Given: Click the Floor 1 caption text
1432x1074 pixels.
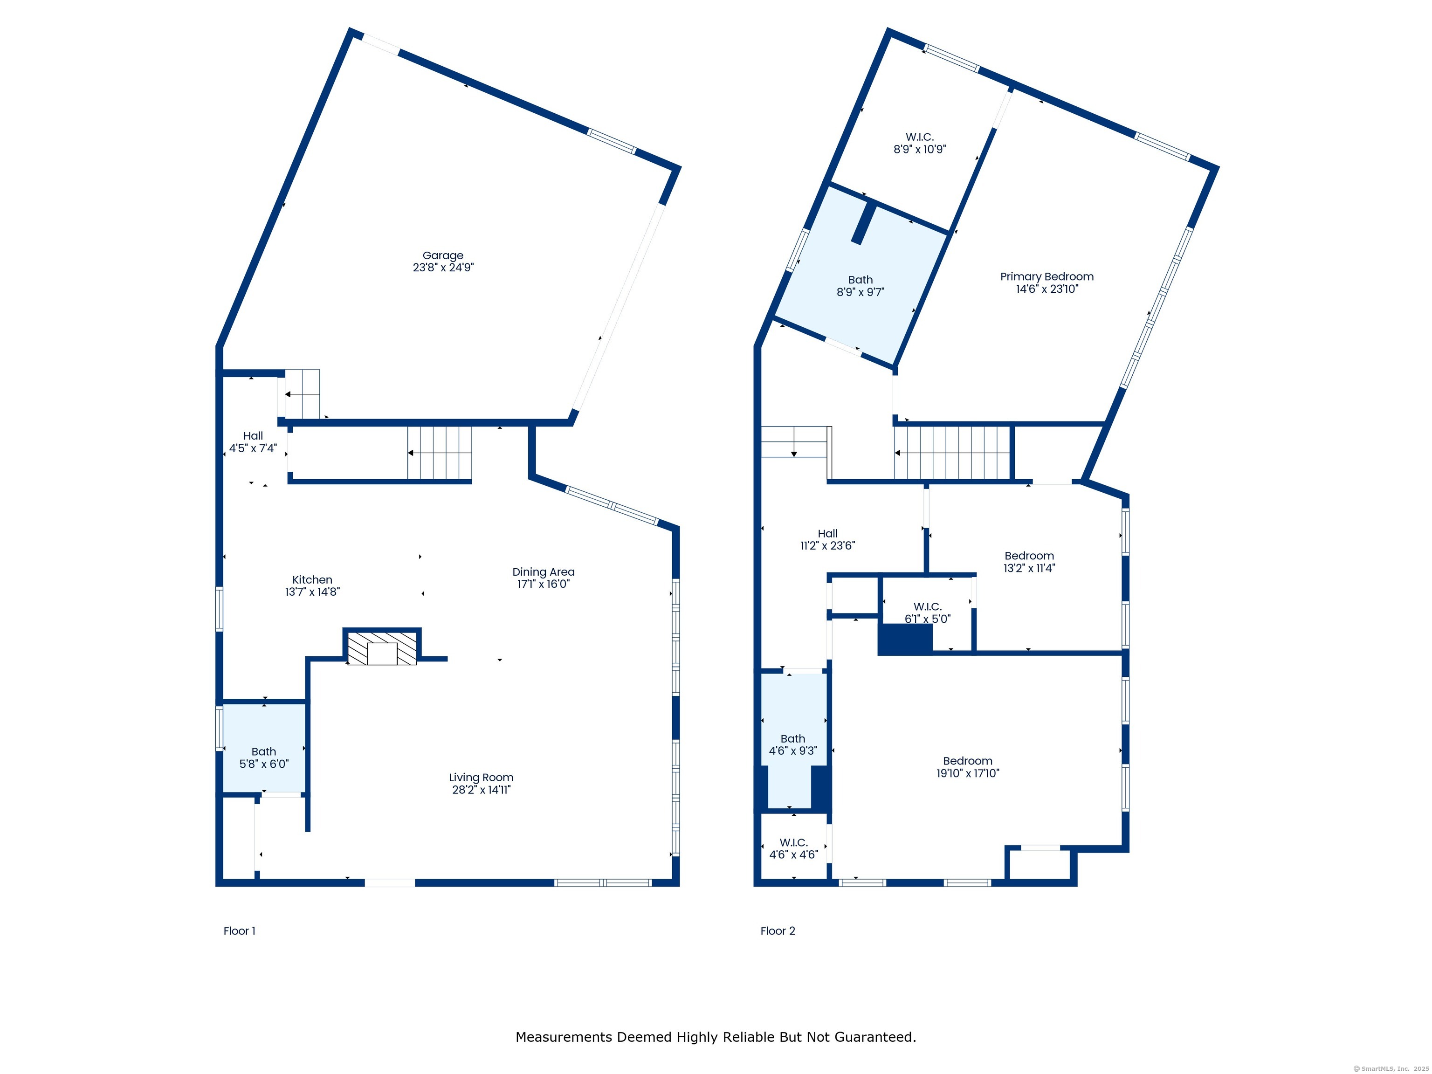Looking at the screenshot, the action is [x=240, y=931].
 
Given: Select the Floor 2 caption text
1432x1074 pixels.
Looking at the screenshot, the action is [x=778, y=931].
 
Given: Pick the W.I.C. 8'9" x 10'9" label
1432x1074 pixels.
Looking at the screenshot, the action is [x=920, y=143].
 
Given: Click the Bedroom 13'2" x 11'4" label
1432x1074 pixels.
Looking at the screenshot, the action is [x=1029, y=562].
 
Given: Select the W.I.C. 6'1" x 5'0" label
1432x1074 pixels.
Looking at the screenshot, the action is [x=928, y=613].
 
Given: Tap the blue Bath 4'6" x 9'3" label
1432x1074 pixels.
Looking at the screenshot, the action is [x=793, y=744].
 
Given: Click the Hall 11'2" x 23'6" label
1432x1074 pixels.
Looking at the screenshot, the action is [x=827, y=539].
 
